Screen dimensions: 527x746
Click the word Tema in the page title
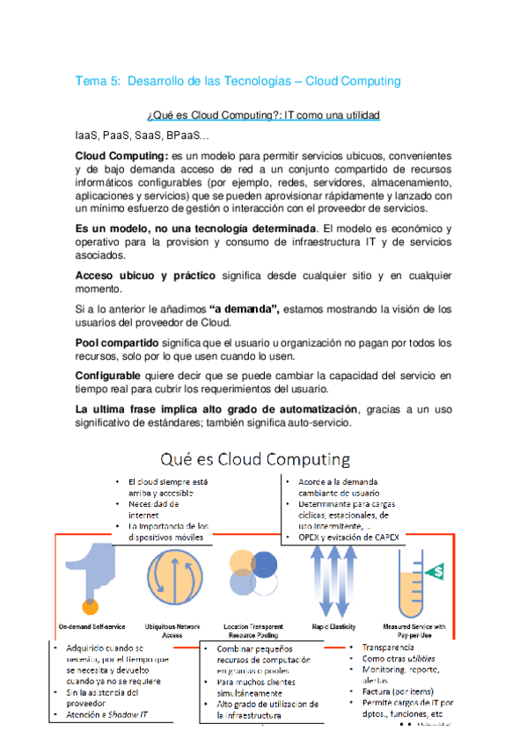point(90,81)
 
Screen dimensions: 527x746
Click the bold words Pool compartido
point(117,342)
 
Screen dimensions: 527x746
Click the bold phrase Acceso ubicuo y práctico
point(145,276)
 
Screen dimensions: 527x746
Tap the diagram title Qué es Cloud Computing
point(254,460)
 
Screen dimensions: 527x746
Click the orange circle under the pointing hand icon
point(89,605)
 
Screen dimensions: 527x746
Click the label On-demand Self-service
point(91,626)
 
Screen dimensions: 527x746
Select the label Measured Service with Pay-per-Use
point(413,630)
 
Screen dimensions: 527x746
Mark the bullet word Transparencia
point(388,647)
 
